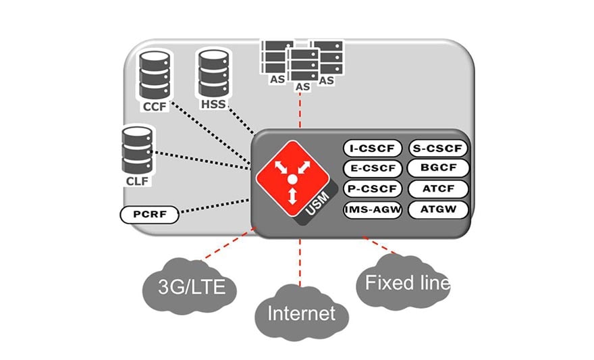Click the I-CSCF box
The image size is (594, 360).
pos(373,148)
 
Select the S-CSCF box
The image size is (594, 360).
pos(439,148)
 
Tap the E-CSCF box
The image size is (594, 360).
pos(373,168)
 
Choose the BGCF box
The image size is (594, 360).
pos(439,168)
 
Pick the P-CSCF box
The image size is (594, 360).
pos(373,188)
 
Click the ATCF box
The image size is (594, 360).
pos(439,188)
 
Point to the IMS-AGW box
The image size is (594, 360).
pos(373,209)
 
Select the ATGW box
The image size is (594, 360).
pos(439,209)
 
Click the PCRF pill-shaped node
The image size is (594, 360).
pos(149,215)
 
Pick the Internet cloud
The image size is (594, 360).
pos(301,313)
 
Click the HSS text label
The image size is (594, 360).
pos(213,105)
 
